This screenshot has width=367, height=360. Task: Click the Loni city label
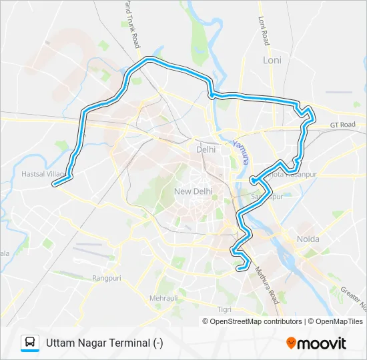tap(272, 60)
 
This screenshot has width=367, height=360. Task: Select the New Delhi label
tap(193, 191)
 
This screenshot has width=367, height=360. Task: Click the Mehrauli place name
tap(164, 298)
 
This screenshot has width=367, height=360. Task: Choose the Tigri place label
tap(224, 309)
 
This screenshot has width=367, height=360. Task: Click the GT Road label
tap(342, 125)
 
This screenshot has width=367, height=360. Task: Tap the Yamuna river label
tap(242, 151)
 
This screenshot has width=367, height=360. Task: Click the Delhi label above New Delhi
tap(206, 149)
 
